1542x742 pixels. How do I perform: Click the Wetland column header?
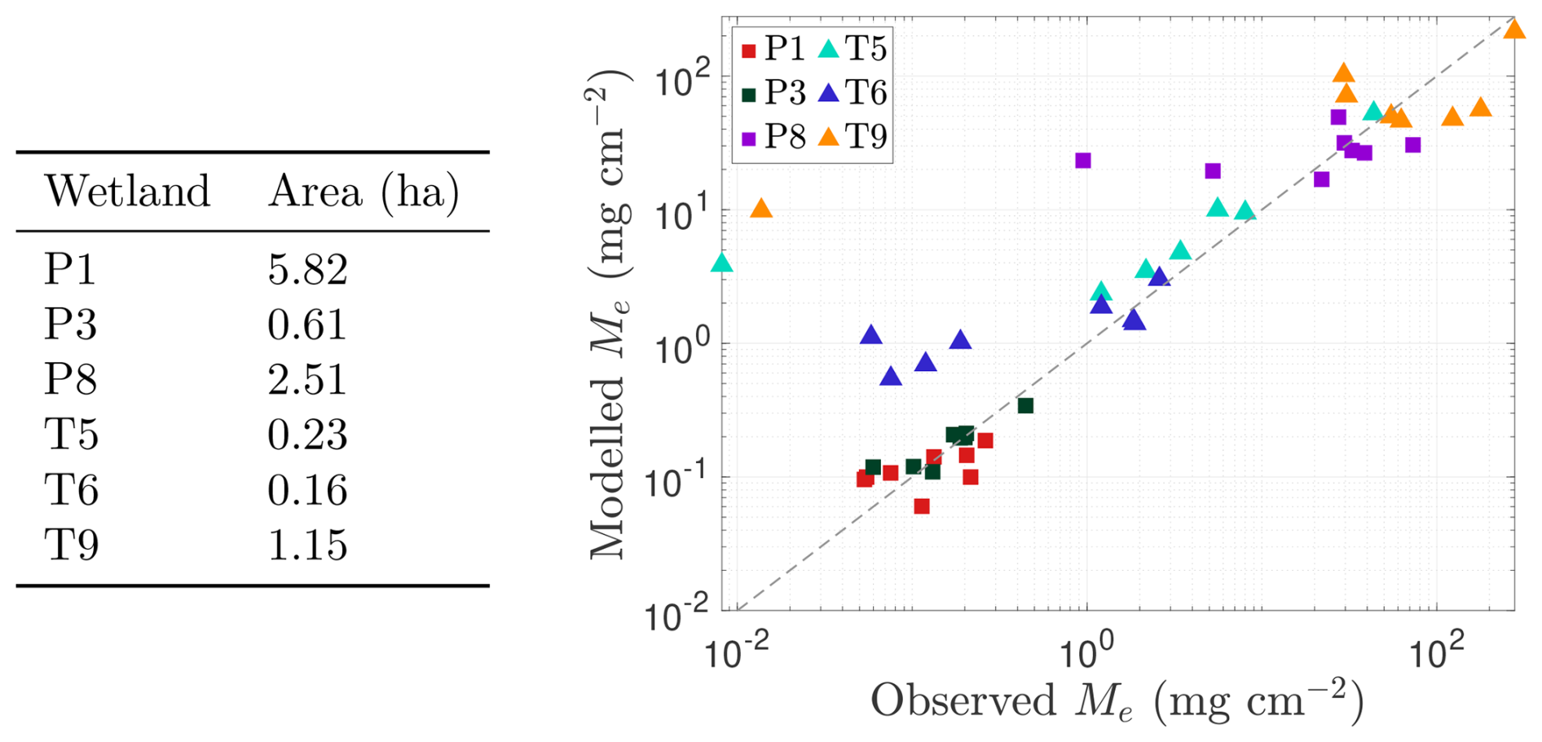[127, 192]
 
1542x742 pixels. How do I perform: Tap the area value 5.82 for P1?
[307, 270]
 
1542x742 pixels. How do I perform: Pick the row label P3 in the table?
[70, 325]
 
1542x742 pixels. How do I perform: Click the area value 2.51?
[307, 380]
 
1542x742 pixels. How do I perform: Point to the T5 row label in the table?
[71, 435]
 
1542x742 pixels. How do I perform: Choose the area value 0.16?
[307, 490]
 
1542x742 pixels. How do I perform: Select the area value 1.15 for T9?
[307, 545]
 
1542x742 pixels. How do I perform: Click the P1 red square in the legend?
[749, 51]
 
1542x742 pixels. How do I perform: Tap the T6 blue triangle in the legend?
[829, 94]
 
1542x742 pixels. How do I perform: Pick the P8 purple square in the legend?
[749, 138]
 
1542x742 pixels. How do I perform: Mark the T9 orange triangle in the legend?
[829, 137]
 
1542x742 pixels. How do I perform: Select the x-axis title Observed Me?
[1117, 700]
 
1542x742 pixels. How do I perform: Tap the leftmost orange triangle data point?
[761, 210]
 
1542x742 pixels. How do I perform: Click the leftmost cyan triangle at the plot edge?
[721, 263]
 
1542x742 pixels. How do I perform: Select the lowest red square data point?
[922, 506]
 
